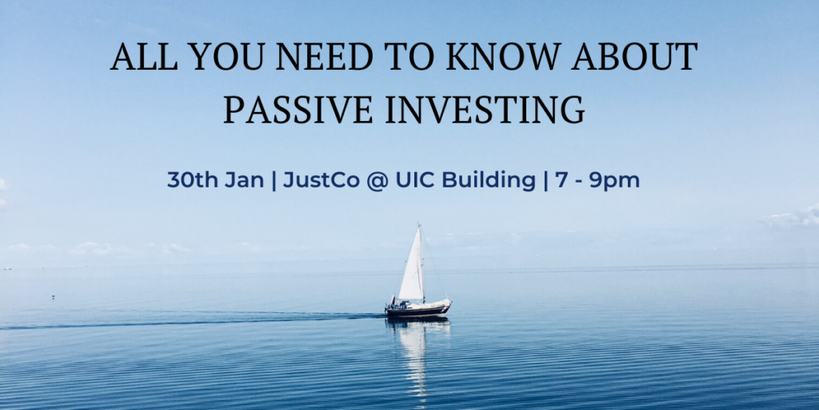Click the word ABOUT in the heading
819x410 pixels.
pos(634,57)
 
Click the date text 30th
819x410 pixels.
pos(194,180)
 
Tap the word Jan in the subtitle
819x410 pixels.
pos(244,180)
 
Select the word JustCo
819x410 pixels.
pos(322,180)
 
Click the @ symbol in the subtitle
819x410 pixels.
pos(378,182)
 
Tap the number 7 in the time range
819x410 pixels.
pos(561,180)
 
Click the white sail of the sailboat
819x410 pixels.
pos(412,264)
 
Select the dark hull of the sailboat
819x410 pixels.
pos(417,311)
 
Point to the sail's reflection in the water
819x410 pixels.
pos(414,356)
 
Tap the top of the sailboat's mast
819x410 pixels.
pos(419,224)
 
